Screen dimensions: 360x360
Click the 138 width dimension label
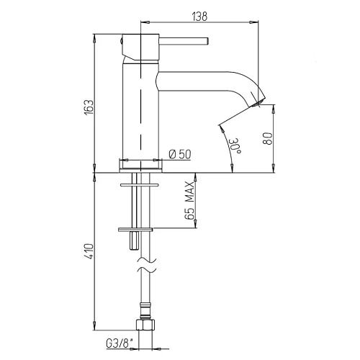click(199, 17)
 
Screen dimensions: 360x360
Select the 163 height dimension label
click(89, 107)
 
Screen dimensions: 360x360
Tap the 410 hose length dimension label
click(89, 251)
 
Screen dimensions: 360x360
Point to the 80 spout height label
click(268, 138)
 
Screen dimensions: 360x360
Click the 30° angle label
click(235, 146)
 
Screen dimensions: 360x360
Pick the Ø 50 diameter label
click(180, 154)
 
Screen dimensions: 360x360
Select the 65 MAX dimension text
click(189, 201)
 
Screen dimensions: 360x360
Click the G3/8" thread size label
click(120, 343)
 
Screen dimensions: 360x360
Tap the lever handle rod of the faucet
click(184, 41)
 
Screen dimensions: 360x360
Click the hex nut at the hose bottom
click(145, 325)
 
